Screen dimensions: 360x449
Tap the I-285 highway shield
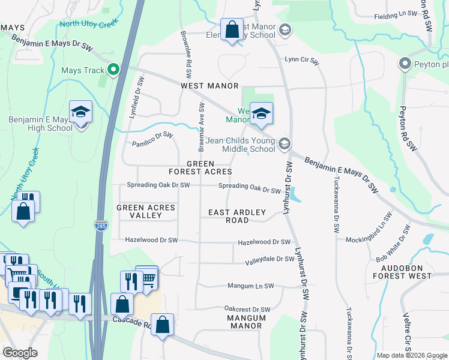(x=101, y=226)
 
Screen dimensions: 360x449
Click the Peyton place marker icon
(x=405, y=64)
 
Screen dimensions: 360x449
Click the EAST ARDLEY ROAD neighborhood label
(x=228, y=216)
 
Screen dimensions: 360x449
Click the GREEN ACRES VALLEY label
(x=146, y=211)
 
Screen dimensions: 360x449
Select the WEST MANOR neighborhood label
(x=210, y=86)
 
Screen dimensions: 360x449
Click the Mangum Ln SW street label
(x=250, y=286)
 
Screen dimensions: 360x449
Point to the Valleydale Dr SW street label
(x=270, y=260)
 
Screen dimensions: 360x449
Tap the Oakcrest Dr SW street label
(x=247, y=309)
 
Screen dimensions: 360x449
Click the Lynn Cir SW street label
(x=300, y=59)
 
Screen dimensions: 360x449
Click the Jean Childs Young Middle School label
(x=241, y=144)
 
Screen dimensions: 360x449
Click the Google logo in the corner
(x=20, y=353)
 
